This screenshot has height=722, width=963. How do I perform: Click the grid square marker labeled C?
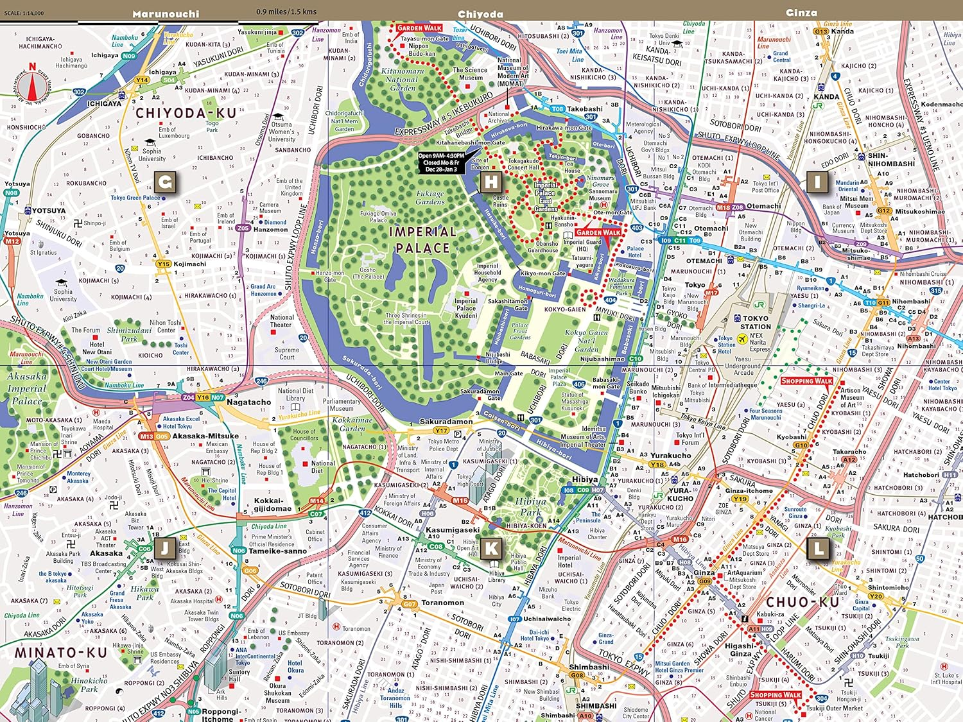pyautogui.click(x=165, y=182)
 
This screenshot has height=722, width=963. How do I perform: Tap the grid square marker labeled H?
pyautogui.click(x=491, y=182)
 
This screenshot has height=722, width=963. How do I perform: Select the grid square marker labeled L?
pyautogui.click(x=817, y=549)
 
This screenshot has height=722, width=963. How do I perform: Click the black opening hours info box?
pyautogui.click(x=441, y=162)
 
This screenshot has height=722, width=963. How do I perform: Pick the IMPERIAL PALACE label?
pyautogui.click(x=422, y=239)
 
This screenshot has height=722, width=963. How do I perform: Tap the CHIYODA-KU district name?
pyautogui.click(x=186, y=114)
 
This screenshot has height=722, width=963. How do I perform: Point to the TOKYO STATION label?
pyautogui.click(x=756, y=322)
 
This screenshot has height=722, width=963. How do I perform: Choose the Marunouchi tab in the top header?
pyautogui.click(x=166, y=13)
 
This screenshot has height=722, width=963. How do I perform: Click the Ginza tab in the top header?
pyautogui.click(x=801, y=12)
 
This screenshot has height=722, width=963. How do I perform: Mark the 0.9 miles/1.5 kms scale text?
pyautogui.click(x=286, y=12)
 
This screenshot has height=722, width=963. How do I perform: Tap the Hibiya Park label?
pyautogui.click(x=530, y=506)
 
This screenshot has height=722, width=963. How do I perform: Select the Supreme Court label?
pyautogui.click(x=287, y=354)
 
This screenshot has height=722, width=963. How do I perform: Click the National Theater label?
pyautogui.click(x=281, y=321)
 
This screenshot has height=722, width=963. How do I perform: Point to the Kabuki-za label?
pyautogui.click(x=770, y=614)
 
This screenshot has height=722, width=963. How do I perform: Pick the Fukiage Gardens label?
pyautogui.click(x=429, y=197)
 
